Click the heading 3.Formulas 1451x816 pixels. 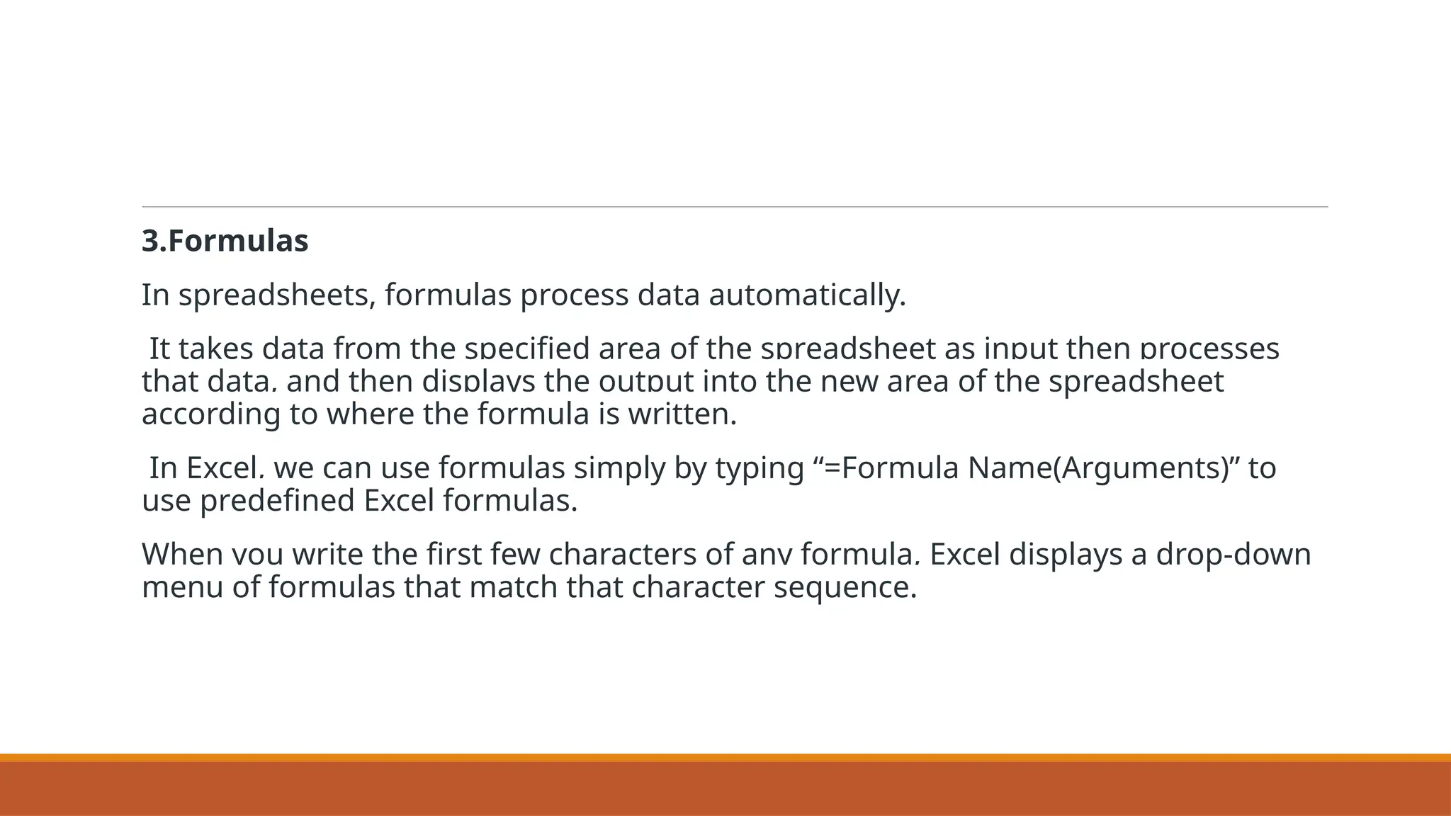click(225, 242)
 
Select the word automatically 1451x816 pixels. click(807, 295)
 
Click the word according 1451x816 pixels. click(210, 414)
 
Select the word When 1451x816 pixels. click(182, 555)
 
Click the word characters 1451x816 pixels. click(623, 555)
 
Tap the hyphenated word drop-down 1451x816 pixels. click(1233, 555)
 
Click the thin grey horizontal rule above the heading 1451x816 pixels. click(735, 207)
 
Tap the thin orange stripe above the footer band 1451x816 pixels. click(725, 757)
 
